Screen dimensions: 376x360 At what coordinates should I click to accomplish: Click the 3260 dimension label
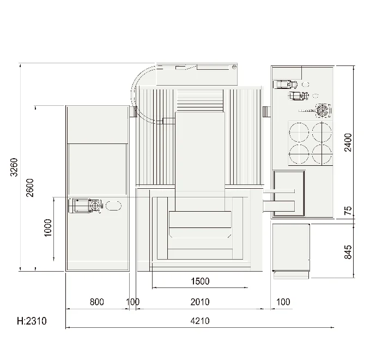tap(14, 167)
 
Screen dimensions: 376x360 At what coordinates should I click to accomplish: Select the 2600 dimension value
tap(30, 188)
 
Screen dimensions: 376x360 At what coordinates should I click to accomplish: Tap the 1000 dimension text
tap(48, 228)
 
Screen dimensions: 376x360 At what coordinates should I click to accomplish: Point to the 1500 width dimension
tap(200, 281)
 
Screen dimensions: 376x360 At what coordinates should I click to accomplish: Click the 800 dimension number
tap(96, 302)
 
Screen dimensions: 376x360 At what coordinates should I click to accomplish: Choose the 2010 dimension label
tap(200, 302)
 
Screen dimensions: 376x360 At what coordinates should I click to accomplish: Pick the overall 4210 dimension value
tap(200, 321)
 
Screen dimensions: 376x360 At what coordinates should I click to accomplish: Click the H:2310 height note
tap(32, 321)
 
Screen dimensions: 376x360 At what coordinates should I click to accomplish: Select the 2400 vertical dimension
tap(348, 142)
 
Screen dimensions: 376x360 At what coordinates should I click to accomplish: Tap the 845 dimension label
tap(348, 252)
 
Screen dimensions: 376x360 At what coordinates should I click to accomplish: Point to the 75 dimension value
tap(348, 211)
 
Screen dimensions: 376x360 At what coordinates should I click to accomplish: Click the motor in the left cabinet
tap(86, 206)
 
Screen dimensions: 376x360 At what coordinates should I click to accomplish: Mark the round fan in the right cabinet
tap(323, 111)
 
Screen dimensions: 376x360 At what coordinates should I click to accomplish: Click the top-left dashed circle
tap(299, 132)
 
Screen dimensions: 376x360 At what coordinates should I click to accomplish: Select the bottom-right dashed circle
tap(322, 154)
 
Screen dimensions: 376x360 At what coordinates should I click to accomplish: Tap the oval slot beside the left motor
tap(113, 206)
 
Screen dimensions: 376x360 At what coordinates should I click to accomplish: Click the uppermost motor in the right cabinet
tap(285, 85)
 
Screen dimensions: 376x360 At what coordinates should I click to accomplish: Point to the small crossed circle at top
tap(234, 67)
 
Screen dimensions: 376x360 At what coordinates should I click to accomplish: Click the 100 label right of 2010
tap(283, 302)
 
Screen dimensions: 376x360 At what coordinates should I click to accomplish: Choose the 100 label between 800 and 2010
tap(132, 302)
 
